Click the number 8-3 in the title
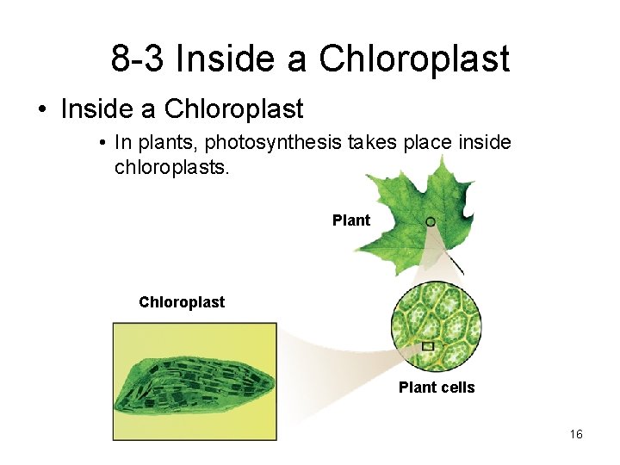click(138, 59)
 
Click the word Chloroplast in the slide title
click(414, 59)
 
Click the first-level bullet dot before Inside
click(41, 110)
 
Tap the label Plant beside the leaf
click(350, 220)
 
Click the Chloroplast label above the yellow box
click(181, 302)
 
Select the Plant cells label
click(436, 387)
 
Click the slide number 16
click(576, 434)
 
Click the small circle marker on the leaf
click(430, 221)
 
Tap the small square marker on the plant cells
click(427, 346)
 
